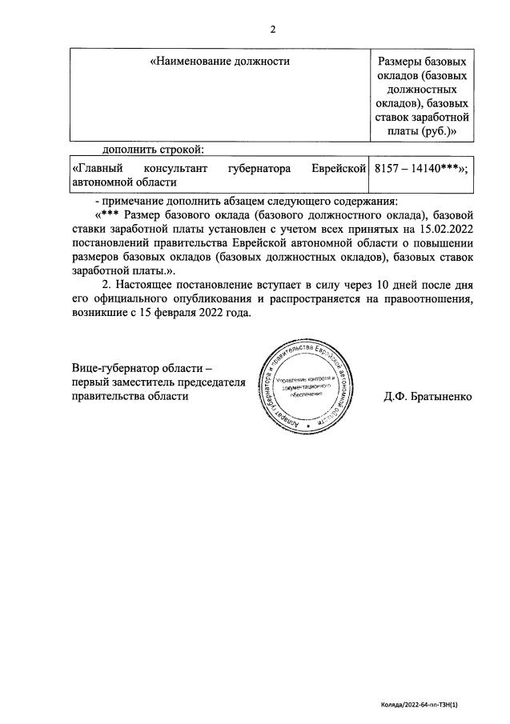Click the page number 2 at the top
coord(272,30)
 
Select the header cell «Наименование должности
coord(220,61)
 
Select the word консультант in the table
coord(172,169)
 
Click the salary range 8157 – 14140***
coord(420,169)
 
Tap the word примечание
coord(135,200)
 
